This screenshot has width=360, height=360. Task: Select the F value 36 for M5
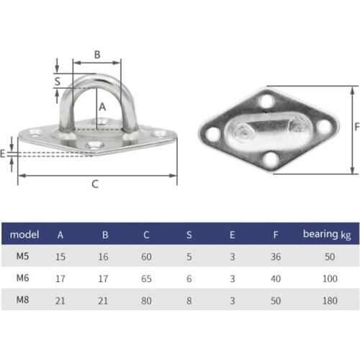coord(275,256)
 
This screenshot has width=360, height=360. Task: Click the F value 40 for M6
coord(275,278)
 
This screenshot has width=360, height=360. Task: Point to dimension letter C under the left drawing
coord(95,184)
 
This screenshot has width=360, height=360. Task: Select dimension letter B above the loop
coord(97,53)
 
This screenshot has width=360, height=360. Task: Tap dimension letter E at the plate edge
coord(4,153)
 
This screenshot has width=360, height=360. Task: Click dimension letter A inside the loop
coord(102,106)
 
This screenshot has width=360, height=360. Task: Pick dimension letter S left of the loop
coord(58,81)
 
